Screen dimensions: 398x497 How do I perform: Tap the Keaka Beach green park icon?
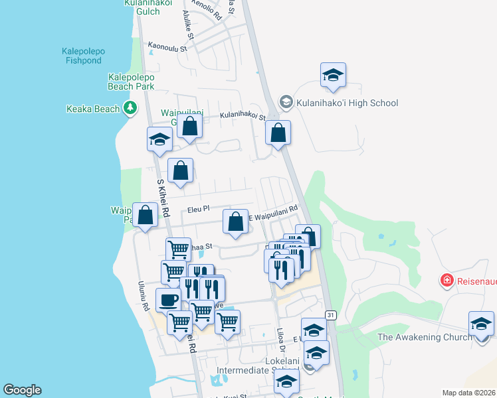(x=131, y=109)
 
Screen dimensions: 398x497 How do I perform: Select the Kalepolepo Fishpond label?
(x=84, y=56)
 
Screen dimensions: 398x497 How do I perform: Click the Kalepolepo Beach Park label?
(x=131, y=82)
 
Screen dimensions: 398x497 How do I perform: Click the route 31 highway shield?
(x=331, y=314)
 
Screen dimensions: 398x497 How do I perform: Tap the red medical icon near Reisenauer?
(x=447, y=281)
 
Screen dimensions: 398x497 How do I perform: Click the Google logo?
(x=22, y=390)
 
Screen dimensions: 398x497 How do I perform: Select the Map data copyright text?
(x=469, y=393)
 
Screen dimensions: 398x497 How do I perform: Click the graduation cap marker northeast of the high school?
(x=333, y=75)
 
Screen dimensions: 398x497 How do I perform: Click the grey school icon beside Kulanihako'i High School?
(x=286, y=102)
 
